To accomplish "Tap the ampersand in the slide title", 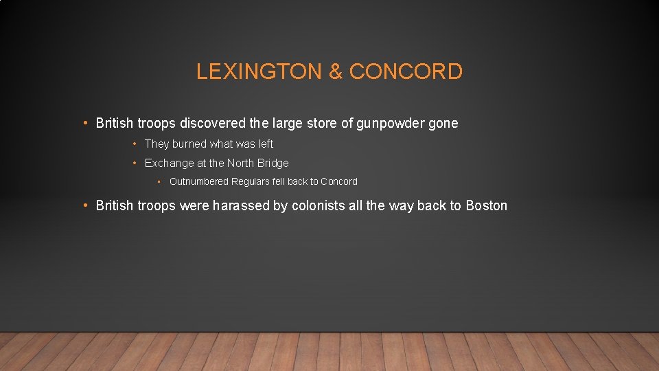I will point(336,71).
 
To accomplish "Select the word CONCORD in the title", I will point(406,71).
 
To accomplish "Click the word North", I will point(241,164).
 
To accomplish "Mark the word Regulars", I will point(251,181).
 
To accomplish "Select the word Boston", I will point(487,205).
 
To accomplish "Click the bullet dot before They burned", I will point(135,144).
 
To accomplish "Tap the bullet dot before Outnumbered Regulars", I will point(159,181).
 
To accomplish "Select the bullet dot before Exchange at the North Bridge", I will point(135,164).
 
